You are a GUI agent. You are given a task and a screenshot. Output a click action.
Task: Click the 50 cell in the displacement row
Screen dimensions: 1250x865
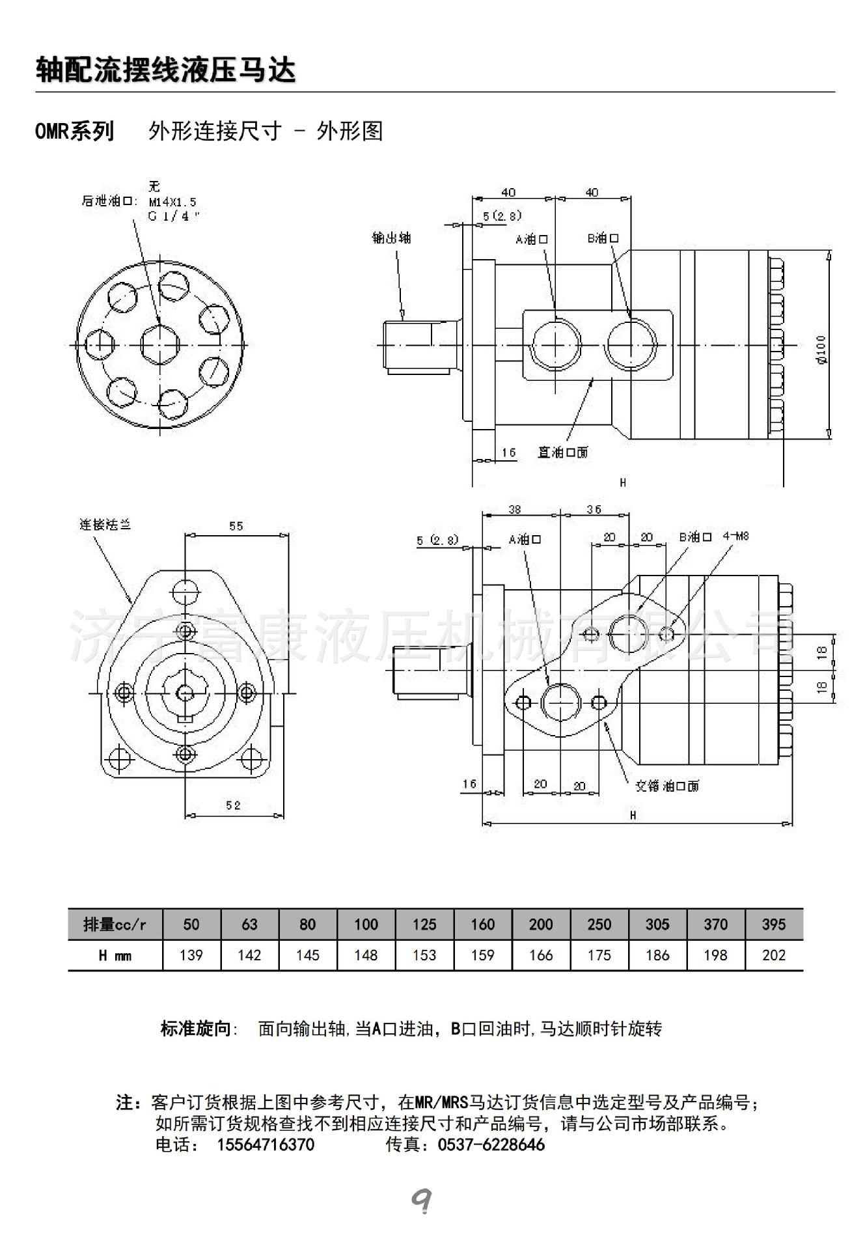[191, 924]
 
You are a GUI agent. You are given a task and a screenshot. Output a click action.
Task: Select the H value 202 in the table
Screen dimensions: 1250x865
[773, 955]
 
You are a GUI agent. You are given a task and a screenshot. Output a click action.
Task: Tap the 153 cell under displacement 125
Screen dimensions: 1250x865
[424, 955]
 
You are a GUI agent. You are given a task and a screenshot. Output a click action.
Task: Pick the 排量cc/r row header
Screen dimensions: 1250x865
[115, 924]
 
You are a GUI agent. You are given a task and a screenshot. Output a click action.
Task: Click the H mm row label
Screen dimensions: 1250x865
[115, 955]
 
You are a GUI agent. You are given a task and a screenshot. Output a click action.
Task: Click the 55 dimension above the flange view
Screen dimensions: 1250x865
[236, 525]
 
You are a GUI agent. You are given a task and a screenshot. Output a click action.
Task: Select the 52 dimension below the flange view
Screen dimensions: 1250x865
[233, 805]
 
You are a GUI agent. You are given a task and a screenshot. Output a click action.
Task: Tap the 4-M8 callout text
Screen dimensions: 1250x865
[735, 536]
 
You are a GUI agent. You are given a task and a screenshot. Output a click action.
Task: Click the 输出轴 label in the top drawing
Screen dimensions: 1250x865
[391, 238]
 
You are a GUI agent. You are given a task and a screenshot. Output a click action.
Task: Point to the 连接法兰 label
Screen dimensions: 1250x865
[105, 524]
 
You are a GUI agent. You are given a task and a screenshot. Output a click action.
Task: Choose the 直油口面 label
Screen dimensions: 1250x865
[562, 452]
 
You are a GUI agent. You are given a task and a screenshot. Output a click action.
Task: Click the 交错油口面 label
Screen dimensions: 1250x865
[666, 786]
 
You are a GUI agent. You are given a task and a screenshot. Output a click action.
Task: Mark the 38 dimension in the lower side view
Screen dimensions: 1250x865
[514, 510]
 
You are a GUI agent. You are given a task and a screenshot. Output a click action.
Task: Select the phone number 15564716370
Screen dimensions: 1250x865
[265, 1145]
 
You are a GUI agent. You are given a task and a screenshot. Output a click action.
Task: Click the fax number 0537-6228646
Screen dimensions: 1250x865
[491, 1145]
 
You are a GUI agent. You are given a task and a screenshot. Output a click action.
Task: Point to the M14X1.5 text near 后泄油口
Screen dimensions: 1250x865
[172, 202]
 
